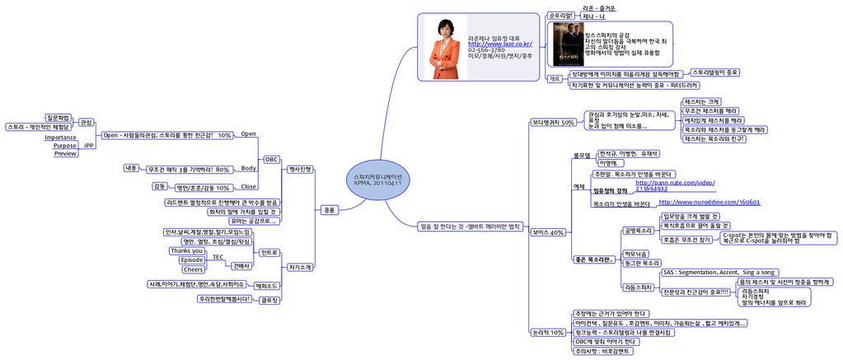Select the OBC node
click(x=270, y=159)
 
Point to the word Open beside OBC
click(x=248, y=133)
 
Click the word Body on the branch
click(x=248, y=168)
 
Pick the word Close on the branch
click(x=248, y=187)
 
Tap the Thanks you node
click(x=187, y=250)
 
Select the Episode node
click(x=191, y=260)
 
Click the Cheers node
click(x=193, y=269)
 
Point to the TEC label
click(x=218, y=258)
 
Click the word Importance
click(x=60, y=138)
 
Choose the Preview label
click(x=65, y=153)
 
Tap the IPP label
click(x=89, y=146)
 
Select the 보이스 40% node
click(x=548, y=233)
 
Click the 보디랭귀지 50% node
click(x=553, y=123)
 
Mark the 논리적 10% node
click(x=548, y=332)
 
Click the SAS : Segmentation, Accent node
click(x=719, y=272)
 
